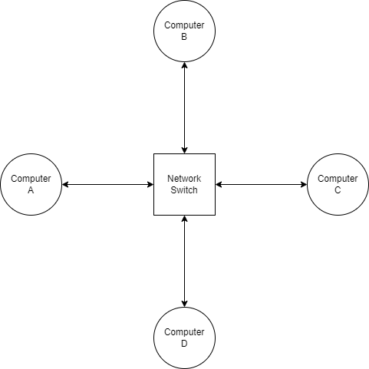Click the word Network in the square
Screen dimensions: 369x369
(x=184, y=179)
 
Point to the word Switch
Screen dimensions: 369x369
(x=184, y=190)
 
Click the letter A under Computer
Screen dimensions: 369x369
(x=31, y=190)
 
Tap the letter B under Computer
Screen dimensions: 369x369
(x=184, y=37)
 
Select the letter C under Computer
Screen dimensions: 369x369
(x=338, y=190)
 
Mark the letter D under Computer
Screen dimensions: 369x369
(x=184, y=344)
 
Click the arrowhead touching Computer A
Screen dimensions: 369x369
(x=65, y=184)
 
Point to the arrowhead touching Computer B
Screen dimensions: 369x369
(x=184, y=65)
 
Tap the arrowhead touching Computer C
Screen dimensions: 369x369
(x=303, y=184)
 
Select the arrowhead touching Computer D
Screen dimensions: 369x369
(x=184, y=303)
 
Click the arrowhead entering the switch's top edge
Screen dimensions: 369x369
(x=184, y=150)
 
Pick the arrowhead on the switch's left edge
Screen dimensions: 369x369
(x=150, y=184)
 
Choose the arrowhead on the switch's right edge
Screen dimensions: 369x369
(x=219, y=184)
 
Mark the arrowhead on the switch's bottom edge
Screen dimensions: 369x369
(x=184, y=219)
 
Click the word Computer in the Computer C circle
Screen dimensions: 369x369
(x=338, y=179)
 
